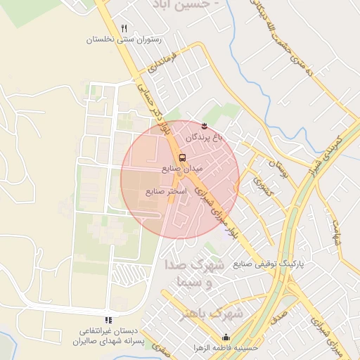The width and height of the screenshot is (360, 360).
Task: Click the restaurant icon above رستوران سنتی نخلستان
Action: tap(124, 28)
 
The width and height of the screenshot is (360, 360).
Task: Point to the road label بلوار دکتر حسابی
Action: tap(155, 108)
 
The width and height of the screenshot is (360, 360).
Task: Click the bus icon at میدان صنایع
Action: tap(182, 157)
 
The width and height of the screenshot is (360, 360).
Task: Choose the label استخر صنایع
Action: tap(166, 191)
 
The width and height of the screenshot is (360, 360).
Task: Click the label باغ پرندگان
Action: tap(205, 138)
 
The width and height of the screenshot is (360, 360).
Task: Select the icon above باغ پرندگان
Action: tap(205, 125)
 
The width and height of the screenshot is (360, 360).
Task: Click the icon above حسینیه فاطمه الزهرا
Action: tap(225, 337)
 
